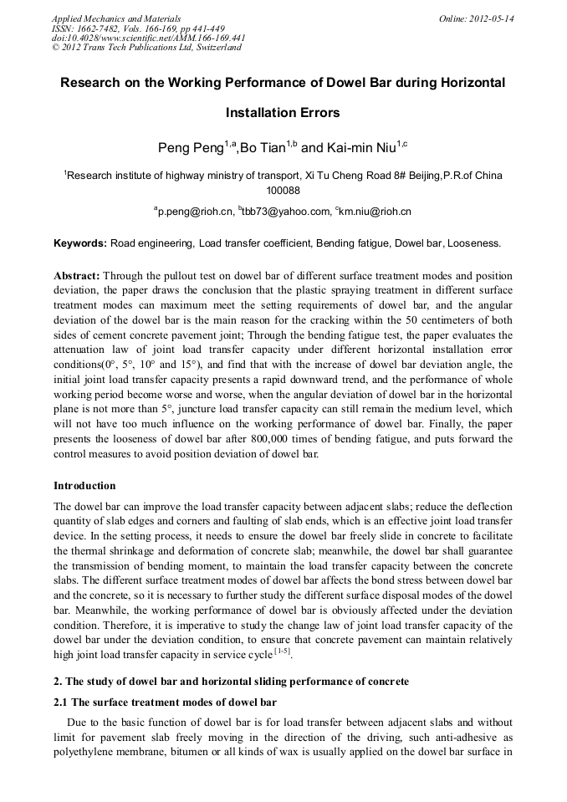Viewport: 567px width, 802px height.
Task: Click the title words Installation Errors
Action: tap(283, 112)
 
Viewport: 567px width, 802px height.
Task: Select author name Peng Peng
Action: tap(190, 148)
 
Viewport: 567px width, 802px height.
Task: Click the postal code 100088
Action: tap(283, 191)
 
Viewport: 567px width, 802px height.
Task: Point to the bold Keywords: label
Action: tap(80, 243)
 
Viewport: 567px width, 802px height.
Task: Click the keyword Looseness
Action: tap(474, 243)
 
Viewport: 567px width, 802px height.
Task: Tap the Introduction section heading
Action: tap(84, 486)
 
